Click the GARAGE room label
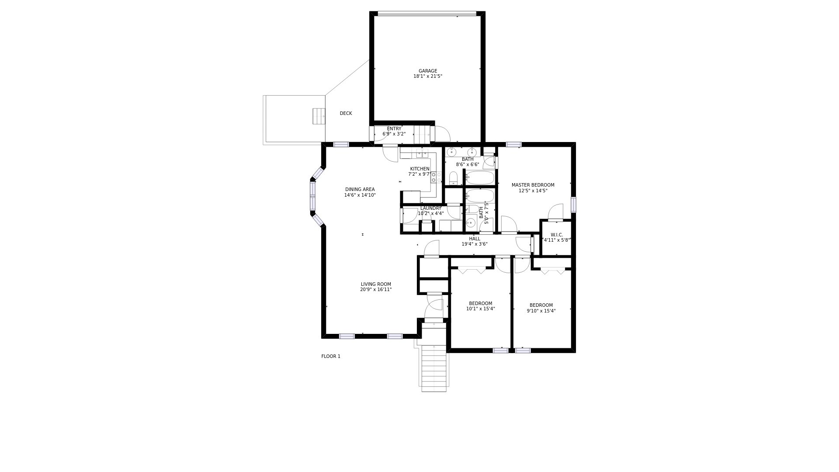coord(428,71)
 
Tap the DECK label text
coord(346,113)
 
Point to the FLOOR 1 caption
coord(331,356)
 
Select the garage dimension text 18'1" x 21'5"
coord(428,76)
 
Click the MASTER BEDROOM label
coord(533,185)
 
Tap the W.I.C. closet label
coord(557,235)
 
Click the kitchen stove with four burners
coord(436,177)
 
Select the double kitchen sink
coord(422,154)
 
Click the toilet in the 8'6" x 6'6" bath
coord(453,178)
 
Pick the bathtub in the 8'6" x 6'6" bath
coord(480,178)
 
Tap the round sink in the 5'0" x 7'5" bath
coord(470,223)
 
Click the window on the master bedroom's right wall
coord(573,205)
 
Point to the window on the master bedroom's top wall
coord(514,145)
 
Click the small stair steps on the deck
coord(319,116)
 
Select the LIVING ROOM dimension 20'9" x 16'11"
coord(376,290)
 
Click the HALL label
coord(475,239)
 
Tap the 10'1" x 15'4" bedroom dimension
coord(481,309)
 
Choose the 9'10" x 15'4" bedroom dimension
coord(541,311)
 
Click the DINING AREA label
coord(360,190)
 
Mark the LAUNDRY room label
coord(431,208)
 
